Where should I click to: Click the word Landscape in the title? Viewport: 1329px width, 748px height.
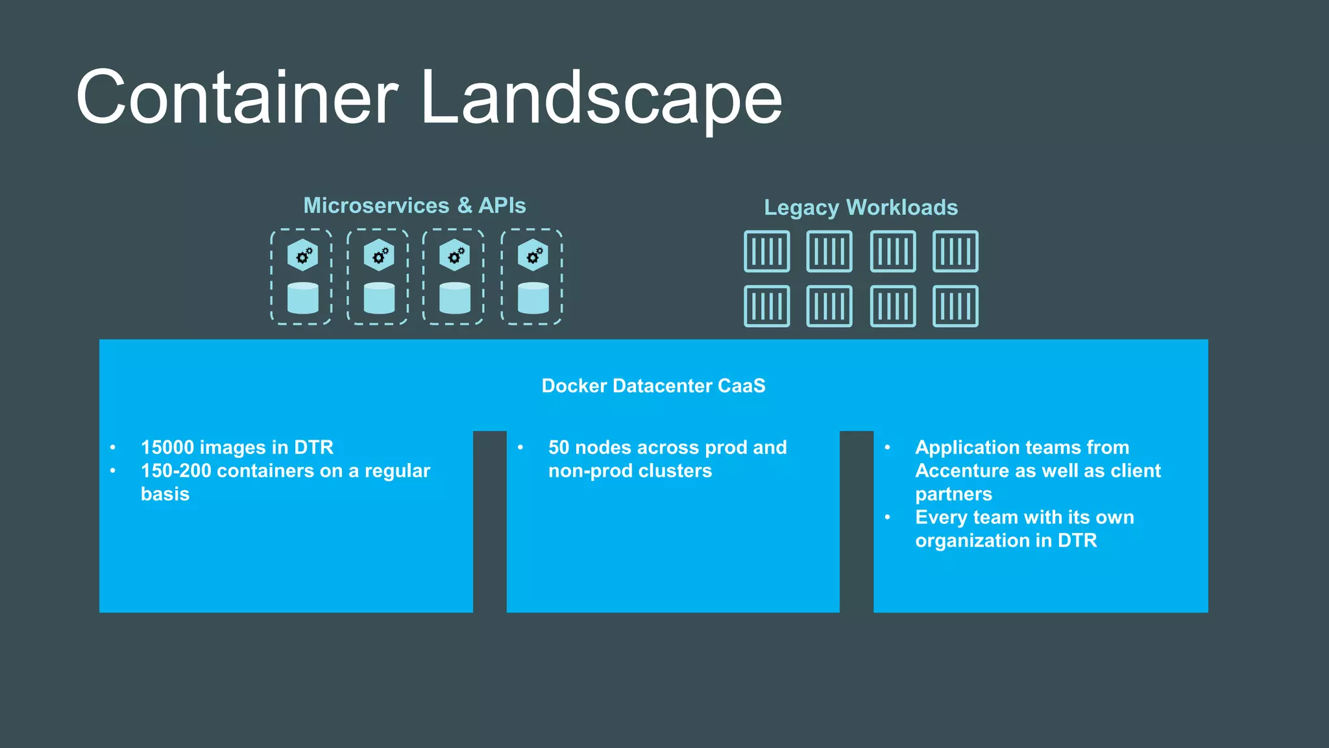coord(601,97)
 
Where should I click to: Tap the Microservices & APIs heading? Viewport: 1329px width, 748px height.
coord(415,206)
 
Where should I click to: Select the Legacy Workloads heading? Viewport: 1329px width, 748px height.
coord(860,208)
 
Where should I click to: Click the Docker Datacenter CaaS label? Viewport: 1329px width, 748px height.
coord(653,386)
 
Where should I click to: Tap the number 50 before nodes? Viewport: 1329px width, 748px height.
coord(559,447)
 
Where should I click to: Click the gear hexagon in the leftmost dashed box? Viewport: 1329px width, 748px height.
coord(303,255)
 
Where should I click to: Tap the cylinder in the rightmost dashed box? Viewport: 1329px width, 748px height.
coord(533,298)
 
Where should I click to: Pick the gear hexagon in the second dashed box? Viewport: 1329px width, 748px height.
coord(379,255)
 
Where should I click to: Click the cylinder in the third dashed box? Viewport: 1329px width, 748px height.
coord(455,298)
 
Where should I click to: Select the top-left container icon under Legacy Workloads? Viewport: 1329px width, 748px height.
coord(767,251)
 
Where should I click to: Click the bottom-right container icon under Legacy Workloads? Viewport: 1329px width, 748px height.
coord(955,306)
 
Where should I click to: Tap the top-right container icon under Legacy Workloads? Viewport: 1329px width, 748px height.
coord(955,251)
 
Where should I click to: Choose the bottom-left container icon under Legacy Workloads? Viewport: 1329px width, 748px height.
coord(767,306)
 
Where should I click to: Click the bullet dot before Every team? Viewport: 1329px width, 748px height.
coord(888,517)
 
